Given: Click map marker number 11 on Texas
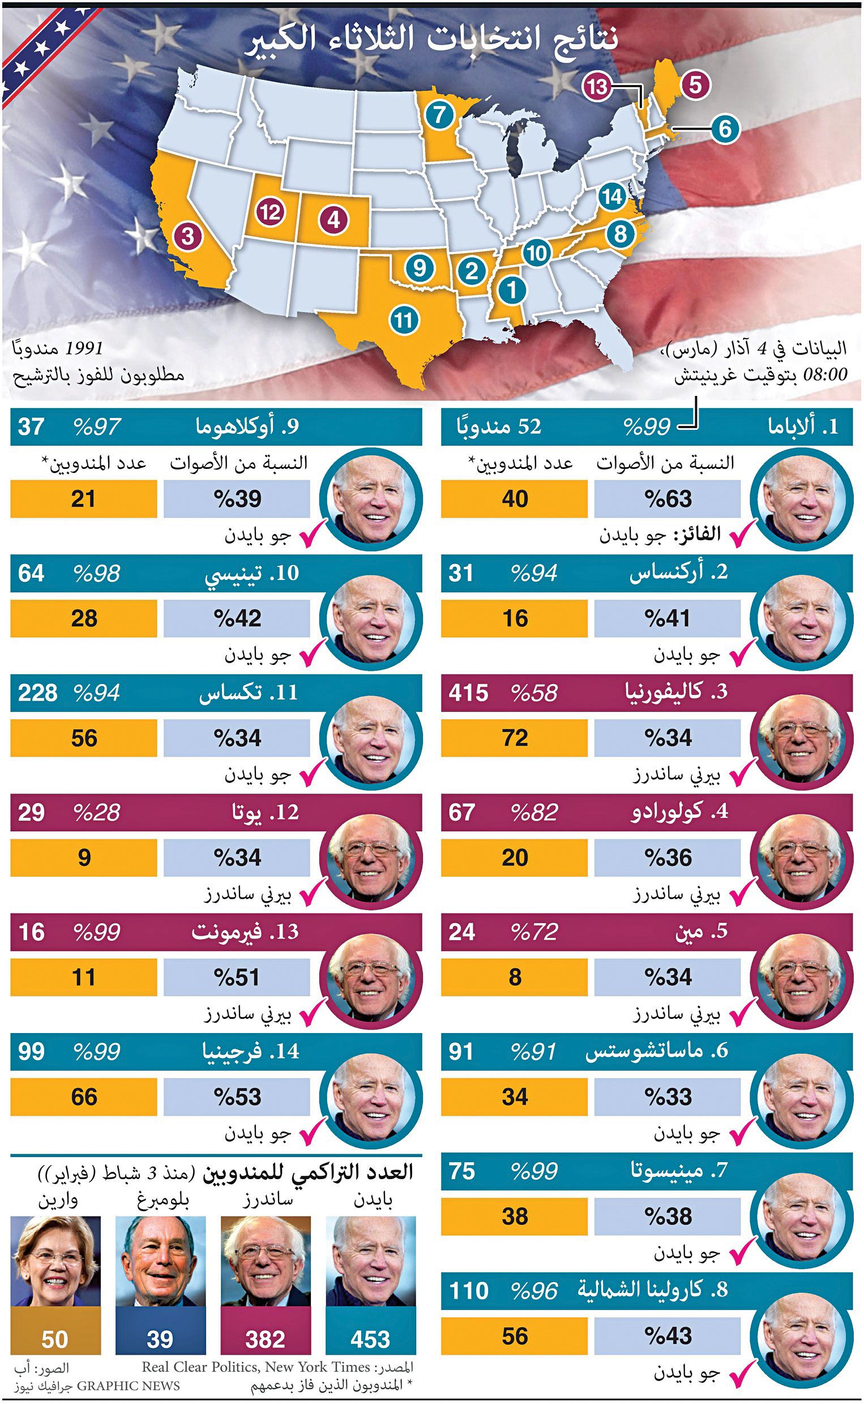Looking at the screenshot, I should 404,320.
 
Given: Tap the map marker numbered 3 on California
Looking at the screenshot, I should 187,236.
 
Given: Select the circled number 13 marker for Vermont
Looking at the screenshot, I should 597,87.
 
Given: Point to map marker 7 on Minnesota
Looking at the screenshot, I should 439,115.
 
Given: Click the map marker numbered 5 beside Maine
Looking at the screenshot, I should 695,84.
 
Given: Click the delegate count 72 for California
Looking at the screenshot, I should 514,738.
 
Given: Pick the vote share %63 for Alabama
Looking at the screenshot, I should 668,499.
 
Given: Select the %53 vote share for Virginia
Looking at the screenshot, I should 237,1096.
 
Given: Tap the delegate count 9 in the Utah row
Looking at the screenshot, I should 84,857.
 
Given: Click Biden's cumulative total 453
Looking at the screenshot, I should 370,1339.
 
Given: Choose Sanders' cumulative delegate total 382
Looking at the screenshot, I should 265,1339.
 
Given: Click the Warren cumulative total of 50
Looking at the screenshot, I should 55,1339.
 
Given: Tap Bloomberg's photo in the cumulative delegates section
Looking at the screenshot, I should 161,1260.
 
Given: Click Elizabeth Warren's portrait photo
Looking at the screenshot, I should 55,1260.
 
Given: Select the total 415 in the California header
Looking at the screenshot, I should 468,693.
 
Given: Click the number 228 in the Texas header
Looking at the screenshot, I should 38,693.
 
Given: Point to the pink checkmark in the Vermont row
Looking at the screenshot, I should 313,1012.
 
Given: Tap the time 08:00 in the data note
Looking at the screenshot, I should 824,375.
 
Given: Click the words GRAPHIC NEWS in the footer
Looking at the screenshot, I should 128,1386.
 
